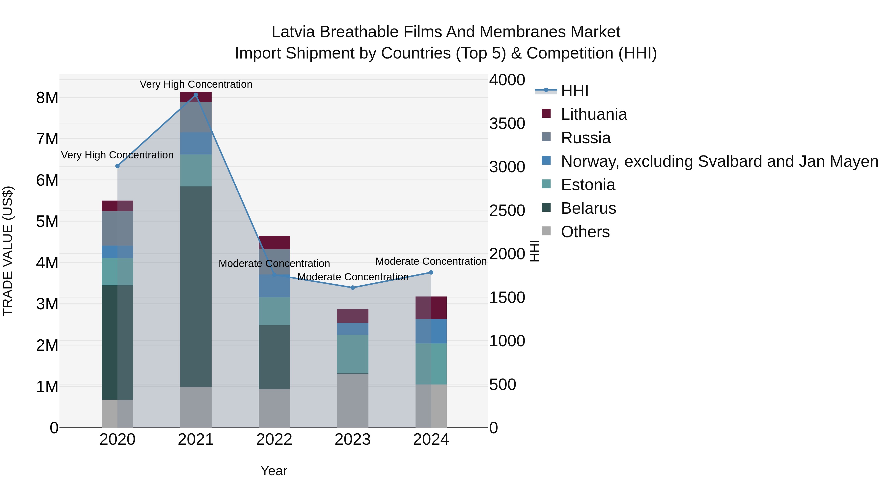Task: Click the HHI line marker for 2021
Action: tap(196, 95)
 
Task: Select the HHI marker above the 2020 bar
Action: tap(117, 166)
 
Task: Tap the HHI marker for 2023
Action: tap(353, 288)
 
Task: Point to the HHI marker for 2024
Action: tap(431, 273)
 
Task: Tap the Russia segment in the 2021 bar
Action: tap(196, 117)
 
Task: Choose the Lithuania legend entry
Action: tap(593, 114)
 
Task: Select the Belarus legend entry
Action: tap(588, 208)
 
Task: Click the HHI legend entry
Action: tap(574, 91)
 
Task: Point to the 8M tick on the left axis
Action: tap(47, 98)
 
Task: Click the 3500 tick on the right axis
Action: tap(507, 124)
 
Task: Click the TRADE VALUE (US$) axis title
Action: tap(8, 251)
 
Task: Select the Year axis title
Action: tap(274, 471)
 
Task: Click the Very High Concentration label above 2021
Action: tap(196, 84)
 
